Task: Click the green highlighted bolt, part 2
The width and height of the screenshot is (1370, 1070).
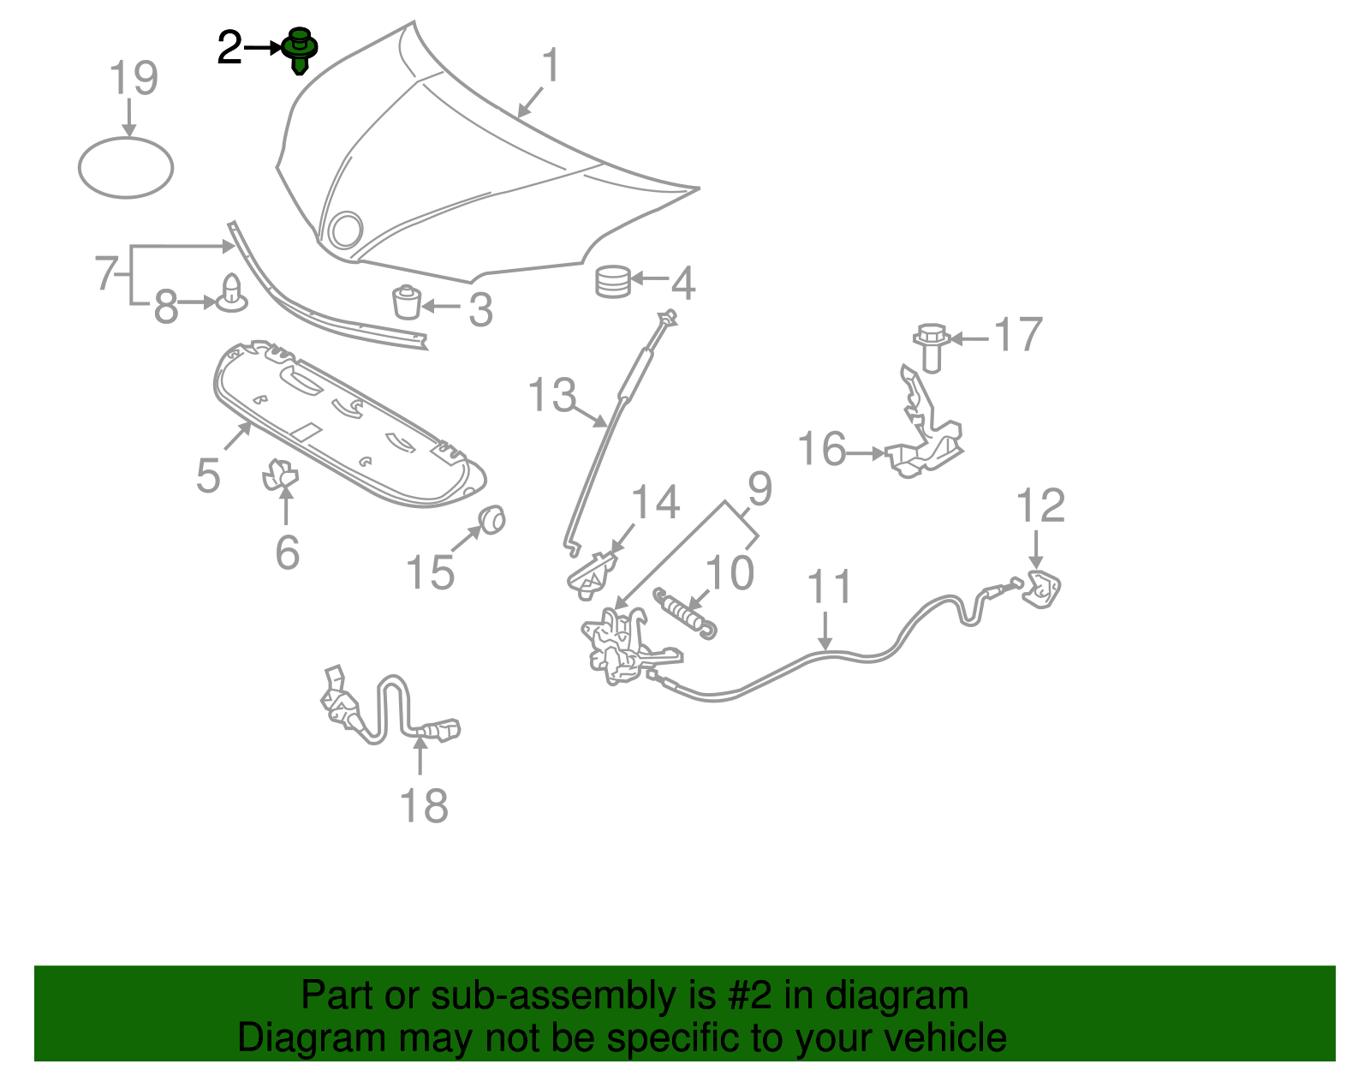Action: tap(300, 50)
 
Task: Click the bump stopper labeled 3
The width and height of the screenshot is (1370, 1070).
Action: tap(407, 302)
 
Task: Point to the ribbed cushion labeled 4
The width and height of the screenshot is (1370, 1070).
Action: tap(613, 282)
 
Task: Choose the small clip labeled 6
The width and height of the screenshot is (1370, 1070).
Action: tap(280, 474)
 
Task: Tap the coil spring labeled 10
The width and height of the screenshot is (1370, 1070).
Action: tap(685, 613)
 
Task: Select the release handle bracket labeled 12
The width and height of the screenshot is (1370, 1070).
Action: tap(1041, 589)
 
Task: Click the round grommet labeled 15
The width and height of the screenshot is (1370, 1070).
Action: tap(491, 519)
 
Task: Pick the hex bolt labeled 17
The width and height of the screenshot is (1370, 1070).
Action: tap(932, 348)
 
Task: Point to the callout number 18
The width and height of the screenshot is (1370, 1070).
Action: tap(424, 805)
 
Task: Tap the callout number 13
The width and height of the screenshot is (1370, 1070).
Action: tap(551, 394)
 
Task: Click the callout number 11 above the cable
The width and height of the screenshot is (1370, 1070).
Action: tap(830, 586)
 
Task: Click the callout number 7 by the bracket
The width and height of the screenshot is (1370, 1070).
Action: tap(105, 272)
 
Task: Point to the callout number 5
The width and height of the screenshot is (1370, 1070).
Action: tap(208, 475)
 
